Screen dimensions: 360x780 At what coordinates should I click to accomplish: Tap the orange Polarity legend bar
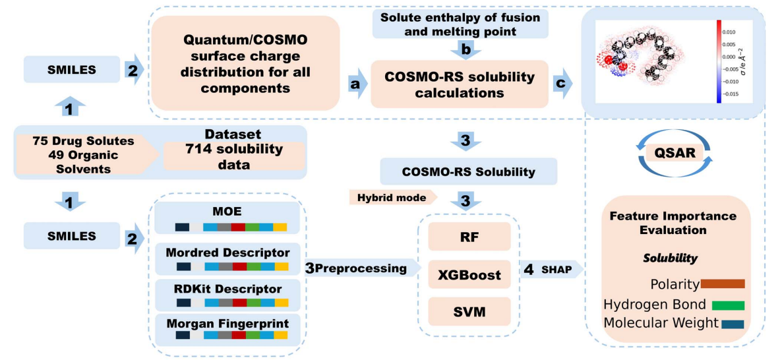[x=723, y=284]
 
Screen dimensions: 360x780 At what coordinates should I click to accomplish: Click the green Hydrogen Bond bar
[x=727, y=305]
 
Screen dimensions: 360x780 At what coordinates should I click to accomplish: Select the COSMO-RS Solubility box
[x=469, y=171]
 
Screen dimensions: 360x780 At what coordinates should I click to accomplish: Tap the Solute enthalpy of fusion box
[x=459, y=24]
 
